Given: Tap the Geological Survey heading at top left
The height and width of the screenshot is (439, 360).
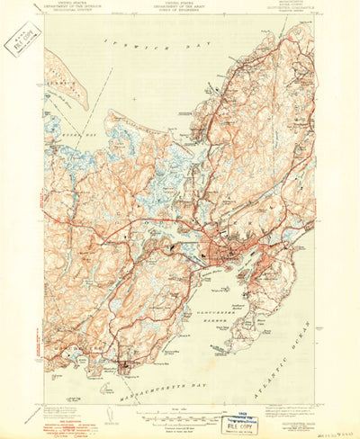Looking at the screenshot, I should [68, 14].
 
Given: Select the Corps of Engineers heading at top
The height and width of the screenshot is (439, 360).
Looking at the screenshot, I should [180, 14].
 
